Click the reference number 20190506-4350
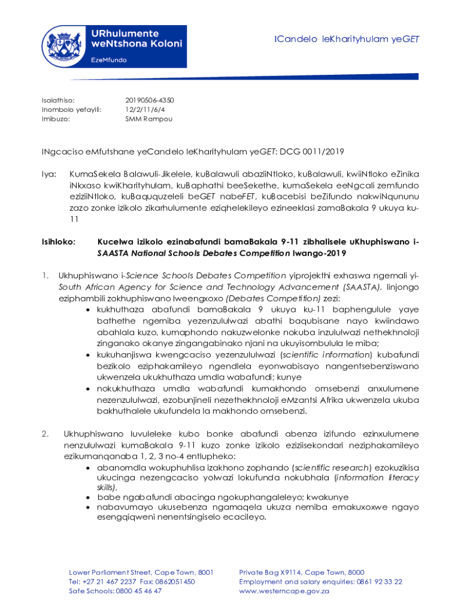(149, 100)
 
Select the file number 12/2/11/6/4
(145, 110)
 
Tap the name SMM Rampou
(148, 119)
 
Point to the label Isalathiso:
(58, 100)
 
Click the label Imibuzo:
(56, 119)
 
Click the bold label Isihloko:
(59, 242)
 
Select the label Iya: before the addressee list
(48, 174)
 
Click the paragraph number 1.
(44, 275)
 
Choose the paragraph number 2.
(45, 433)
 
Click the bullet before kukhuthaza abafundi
(89, 309)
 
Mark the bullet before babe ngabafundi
(89, 497)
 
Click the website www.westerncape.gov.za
(284, 591)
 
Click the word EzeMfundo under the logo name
(108, 60)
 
